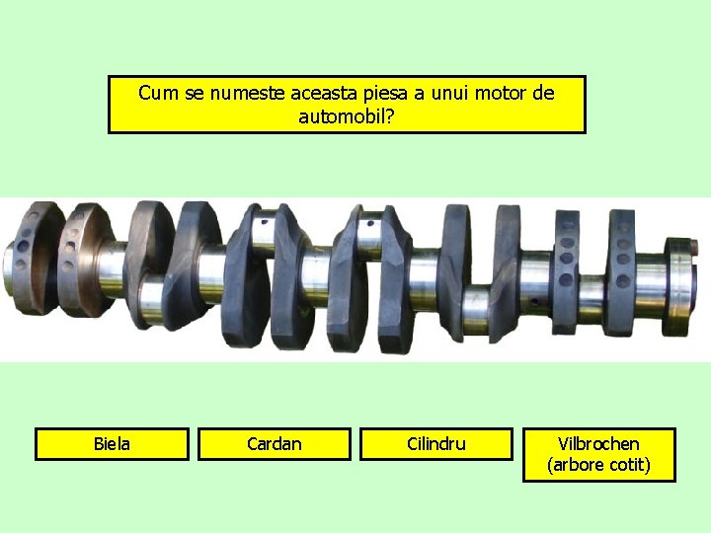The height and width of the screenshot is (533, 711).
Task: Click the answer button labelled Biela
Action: tap(112, 444)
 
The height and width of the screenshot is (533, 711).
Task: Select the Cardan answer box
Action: tap(274, 444)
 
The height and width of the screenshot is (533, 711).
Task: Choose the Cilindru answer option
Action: tap(435, 444)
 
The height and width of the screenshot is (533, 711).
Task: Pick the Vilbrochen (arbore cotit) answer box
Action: tap(598, 455)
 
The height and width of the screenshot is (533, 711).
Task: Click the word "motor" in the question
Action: tap(503, 93)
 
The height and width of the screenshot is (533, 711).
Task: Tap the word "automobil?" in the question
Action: tap(347, 116)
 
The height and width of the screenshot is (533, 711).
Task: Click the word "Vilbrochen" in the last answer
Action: tap(598, 444)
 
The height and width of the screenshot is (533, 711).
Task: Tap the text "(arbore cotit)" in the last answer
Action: tap(598, 466)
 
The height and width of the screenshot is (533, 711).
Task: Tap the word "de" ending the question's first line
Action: tap(543, 93)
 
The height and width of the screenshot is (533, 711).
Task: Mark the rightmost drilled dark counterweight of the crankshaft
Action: tap(621, 268)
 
